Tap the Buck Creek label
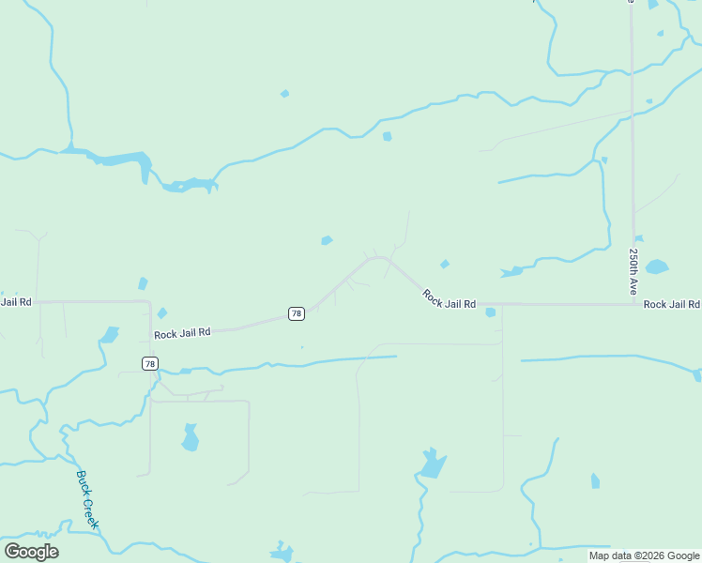(87, 499)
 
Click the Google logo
(31, 552)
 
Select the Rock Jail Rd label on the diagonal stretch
(449, 300)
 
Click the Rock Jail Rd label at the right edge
(671, 304)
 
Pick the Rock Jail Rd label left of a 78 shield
(182, 333)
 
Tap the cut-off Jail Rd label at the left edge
(16, 302)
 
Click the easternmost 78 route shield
(297, 313)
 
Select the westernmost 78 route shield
(150, 363)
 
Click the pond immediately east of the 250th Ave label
(657, 266)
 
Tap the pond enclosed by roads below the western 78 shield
(191, 437)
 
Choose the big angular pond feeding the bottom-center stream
(433, 464)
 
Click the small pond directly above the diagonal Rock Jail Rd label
(445, 264)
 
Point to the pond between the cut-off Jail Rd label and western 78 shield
(110, 334)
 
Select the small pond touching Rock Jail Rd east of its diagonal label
(490, 312)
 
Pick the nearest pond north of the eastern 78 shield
(327, 240)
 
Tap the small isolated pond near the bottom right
(595, 481)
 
